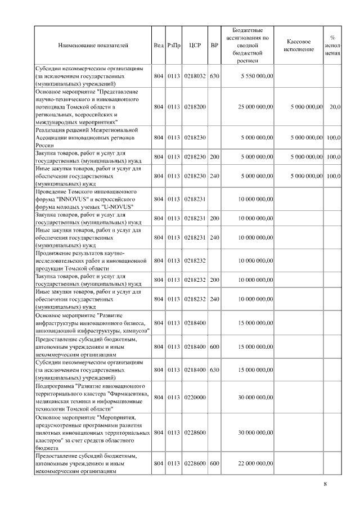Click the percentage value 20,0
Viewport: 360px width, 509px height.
click(334, 106)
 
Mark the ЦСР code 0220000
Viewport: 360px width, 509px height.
click(195, 397)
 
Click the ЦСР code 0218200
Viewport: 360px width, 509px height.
click(195, 106)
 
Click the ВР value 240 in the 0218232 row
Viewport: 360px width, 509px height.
click(214, 299)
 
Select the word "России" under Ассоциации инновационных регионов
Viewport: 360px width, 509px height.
click(44, 145)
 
